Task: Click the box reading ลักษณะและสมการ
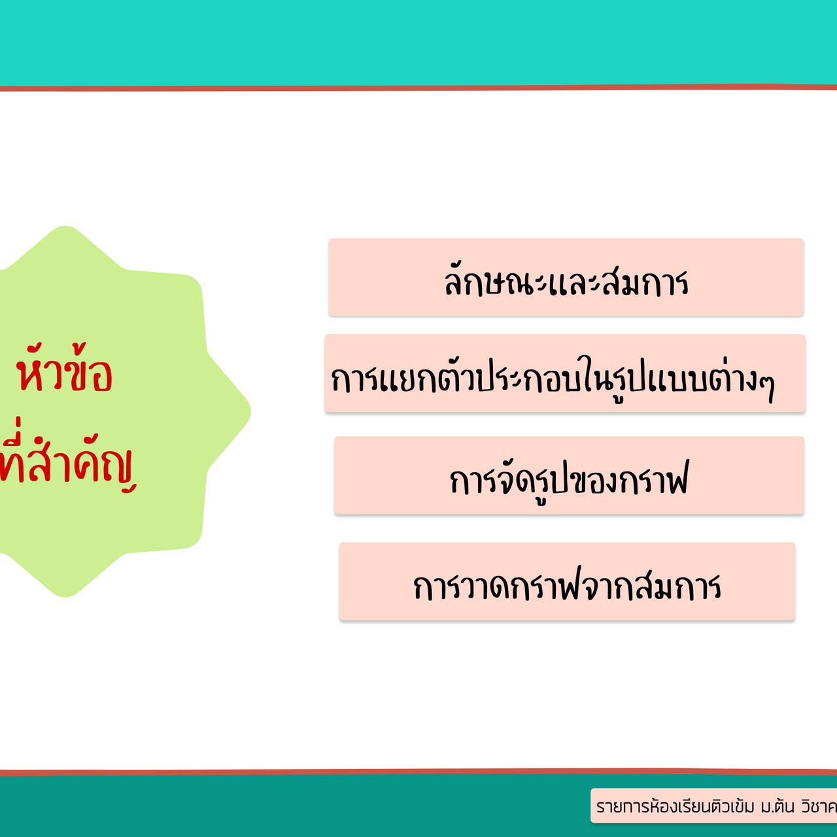coord(566,277)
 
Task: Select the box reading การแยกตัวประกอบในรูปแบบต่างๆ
coord(565,373)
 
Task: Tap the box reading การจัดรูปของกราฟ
coord(569,475)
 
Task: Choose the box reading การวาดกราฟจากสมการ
coord(567,581)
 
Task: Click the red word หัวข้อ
coord(64,369)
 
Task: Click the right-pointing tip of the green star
coord(250,411)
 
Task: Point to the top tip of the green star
coord(65,226)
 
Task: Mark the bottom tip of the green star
coord(65,597)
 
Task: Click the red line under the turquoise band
coord(418,88)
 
